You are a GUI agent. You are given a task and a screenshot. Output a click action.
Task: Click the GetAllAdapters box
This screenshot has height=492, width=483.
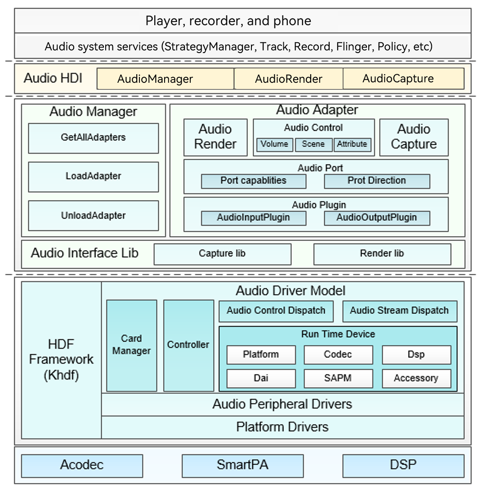click(93, 138)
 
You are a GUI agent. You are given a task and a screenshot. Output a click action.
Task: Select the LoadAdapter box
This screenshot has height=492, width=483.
click(93, 176)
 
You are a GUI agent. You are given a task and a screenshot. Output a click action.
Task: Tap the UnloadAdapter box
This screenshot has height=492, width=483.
click(93, 215)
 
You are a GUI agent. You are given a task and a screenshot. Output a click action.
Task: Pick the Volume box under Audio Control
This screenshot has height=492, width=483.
click(274, 144)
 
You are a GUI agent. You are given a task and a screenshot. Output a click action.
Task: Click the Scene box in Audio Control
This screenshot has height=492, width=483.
click(313, 144)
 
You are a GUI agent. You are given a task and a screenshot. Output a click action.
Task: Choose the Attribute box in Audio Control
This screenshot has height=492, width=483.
click(352, 144)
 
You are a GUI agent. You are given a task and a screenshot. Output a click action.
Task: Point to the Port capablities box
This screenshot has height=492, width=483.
click(253, 181)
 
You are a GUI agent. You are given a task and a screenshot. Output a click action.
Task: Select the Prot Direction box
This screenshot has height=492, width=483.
click(376, 181)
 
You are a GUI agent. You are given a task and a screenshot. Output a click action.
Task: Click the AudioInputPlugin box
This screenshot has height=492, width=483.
click(253, 218)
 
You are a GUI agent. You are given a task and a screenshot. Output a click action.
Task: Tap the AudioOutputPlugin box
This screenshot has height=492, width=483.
click(376, 218)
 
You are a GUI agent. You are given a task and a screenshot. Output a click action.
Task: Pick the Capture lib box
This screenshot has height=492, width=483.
click(222, 254)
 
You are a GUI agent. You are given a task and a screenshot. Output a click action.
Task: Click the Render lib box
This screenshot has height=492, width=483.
click(382, 254)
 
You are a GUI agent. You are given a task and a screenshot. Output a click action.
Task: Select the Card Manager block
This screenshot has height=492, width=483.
click(131, 345)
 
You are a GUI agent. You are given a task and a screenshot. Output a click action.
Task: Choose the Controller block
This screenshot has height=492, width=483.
click(188, 345)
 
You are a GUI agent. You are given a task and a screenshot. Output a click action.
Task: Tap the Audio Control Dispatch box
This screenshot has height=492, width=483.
click(276, 311)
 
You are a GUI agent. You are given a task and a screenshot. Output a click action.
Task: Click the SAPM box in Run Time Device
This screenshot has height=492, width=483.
click(338, 378)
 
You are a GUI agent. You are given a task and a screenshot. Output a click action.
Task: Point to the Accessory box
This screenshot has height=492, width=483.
click(416, 378)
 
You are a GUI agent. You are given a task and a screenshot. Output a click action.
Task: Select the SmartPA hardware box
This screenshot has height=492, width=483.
click(242, 465)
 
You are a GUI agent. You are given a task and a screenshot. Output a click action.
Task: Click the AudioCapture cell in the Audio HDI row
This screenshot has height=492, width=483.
click(403, 79)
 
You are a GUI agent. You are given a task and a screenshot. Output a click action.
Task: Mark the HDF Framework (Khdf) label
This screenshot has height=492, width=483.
click(61, 360)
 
